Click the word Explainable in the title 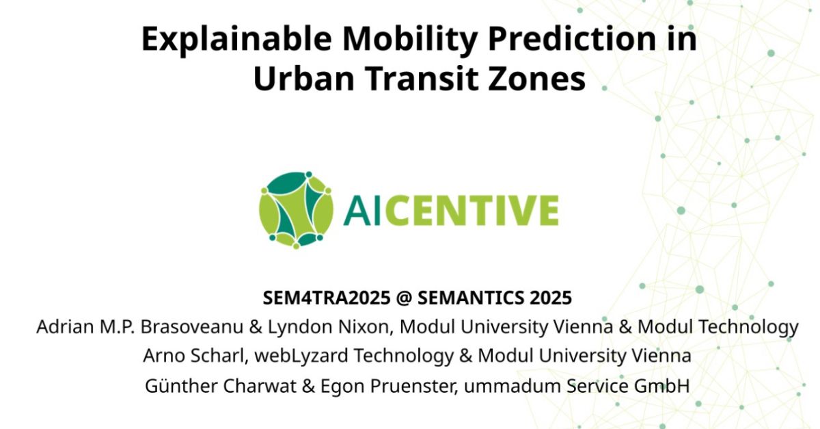[x=236, y=39]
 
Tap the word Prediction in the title [x=572, y=39]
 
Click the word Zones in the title [x=536, y=79]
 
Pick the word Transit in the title [x=422, y=79]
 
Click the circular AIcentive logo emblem [x=296, y=210]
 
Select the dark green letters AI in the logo [x=361, y=210]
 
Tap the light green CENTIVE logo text [x=471, y=210]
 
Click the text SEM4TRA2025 [x=327, y=298]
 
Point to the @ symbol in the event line [x=404, y=298]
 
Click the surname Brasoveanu [x=192, y=326]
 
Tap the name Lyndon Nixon [x=331, y=327]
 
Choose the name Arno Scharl [x=193, y=356]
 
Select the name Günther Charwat [x=220, y=386]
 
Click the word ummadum [x=512, y=386]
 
